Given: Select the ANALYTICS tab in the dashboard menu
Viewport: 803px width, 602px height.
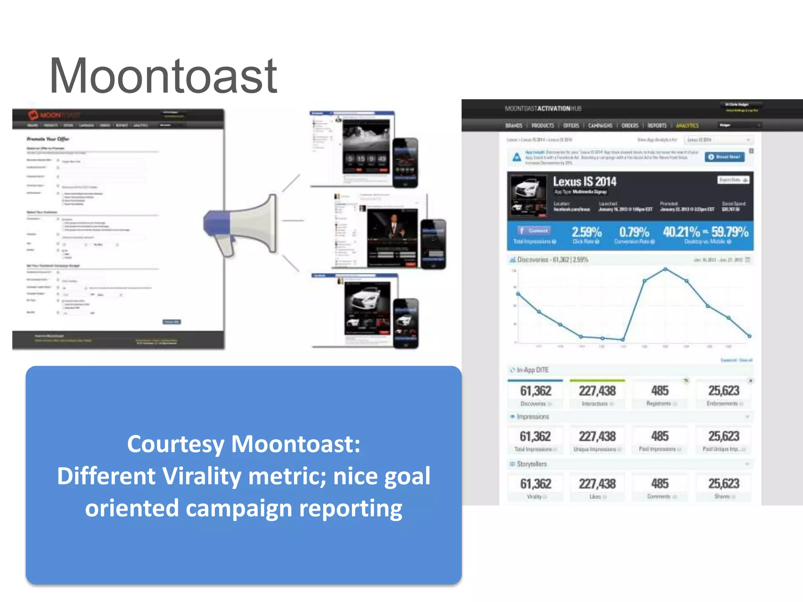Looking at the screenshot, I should (x=687, y=125).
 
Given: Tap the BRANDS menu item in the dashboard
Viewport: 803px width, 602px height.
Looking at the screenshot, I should (x=514, y=125).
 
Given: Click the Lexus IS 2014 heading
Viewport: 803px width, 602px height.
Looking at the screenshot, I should (x=584, y=181).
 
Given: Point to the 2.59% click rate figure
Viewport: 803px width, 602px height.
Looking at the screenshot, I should (x=587, y=232).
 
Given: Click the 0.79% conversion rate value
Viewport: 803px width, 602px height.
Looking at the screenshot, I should (x=634, y=232).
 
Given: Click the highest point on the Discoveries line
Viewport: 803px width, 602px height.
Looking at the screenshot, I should (x=665, y=269).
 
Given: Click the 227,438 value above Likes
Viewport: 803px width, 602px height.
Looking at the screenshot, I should (x=597, y=484).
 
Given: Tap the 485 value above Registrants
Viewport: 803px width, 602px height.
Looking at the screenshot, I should (x=660, y=390).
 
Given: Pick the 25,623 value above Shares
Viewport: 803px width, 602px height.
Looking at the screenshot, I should (x=723, y=484).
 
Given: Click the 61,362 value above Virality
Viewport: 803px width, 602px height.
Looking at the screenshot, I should (x=536, y=484).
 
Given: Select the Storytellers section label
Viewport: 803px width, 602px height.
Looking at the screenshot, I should (x=531, y=464).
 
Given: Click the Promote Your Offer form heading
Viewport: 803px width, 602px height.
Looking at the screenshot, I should (x=48, y=139).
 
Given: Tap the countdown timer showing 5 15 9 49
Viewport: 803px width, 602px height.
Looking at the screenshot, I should (x=366, y=159).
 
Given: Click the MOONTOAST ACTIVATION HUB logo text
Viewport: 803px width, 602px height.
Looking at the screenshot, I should (x=543, y=109).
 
